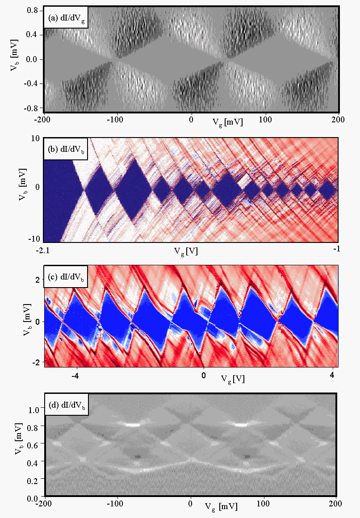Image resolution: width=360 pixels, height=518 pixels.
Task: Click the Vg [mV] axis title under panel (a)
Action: click(227, 121)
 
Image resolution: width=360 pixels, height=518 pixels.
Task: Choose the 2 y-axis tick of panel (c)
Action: click(38, 280)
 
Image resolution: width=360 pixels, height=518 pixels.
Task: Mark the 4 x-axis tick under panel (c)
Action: click(332, 374)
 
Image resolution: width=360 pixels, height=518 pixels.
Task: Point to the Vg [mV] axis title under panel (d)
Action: click(221, 506)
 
